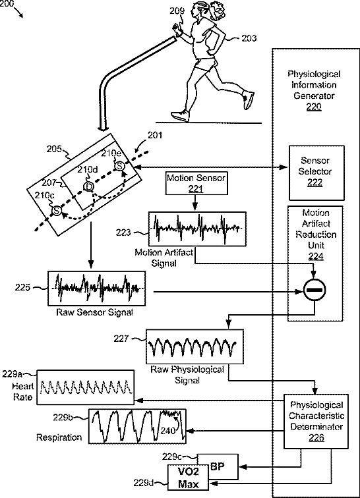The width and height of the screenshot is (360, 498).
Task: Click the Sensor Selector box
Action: click(x=316, y=173)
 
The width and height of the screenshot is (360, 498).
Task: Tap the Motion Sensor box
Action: click(x=196, y=183)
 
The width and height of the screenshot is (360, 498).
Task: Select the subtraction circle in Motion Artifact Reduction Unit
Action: click(x=315, y=290)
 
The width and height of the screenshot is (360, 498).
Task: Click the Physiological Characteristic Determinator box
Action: click(x=316, y=421)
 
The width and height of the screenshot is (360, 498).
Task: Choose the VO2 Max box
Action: click(x=189, y=478)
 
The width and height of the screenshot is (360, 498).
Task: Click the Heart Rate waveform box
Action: click(x=85, y=387)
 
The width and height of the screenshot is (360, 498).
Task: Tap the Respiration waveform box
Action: click(x=137, y=426)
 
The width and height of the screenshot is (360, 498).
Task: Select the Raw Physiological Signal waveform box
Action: click(x=195, y=346)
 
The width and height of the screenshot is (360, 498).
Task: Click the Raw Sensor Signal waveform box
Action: click(x=97, y=289)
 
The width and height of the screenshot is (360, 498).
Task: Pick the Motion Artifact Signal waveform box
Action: click(x=197, y=229)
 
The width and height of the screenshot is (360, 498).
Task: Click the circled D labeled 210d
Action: click(x=88, y=187)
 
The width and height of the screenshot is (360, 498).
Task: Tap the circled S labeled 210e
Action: click(x=119, y=165)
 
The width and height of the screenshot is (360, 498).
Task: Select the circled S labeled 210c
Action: click(x=56, y=210)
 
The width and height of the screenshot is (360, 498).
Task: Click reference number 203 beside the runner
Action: click(x=249, y=38)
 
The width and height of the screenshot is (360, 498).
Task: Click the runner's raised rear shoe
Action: click(x=248, y=99)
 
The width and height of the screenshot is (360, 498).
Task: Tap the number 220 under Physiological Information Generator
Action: click(x=314, y=107)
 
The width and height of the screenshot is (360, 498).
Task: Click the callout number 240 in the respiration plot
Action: click(x=167, y=431)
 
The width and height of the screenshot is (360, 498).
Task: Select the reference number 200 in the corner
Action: click(x=7, y=4)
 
